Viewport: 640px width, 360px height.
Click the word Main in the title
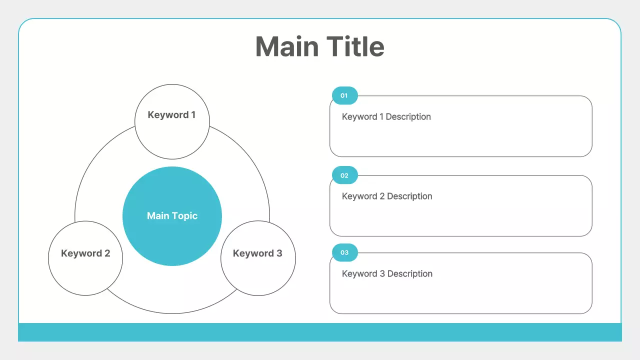click(x=287, y=46)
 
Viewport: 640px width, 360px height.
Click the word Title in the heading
click(x=356, y=46)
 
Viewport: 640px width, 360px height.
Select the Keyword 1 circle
click(x=172, y=135)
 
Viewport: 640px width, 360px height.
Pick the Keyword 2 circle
click(x=85, y=272)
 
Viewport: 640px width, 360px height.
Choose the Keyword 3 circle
click(x=258, y=272)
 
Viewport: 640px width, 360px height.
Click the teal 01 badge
click(x=344, y=95)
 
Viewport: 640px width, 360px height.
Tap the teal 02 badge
click(x=344, y=175)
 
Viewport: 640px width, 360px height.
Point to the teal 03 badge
click(x=344, y=252)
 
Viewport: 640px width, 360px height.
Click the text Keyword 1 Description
click(x=386, y=117)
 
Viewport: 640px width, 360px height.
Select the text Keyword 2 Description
click(x=386, y=196)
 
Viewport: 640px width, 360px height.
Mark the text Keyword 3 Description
click(x=387, y=274)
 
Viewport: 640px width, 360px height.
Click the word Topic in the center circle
click(x=185, y=216)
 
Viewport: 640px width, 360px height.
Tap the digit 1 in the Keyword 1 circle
click(x=193, y=115)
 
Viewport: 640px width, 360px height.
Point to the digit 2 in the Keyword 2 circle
click(x=107, y=253)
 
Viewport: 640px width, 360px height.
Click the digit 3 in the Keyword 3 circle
click(x=279, y=253)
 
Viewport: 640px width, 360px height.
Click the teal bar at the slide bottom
click(x=320, y=332)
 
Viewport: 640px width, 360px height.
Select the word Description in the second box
click(x=409, y=196)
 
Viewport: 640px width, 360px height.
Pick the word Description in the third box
click(x=410, y=274)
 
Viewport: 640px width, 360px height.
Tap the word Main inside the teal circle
click(x=158, y=216)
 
